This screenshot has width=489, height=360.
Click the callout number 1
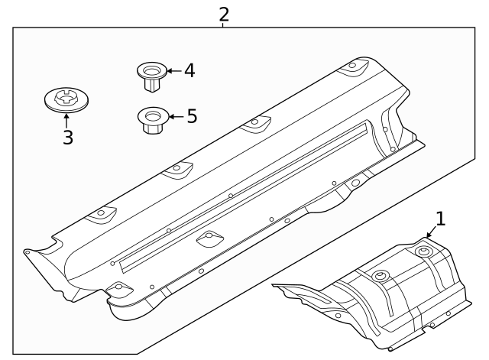439,219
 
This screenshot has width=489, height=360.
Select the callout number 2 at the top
223,13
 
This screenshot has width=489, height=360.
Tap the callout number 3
67,138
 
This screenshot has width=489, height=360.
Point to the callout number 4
189,71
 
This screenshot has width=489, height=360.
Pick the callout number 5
191,116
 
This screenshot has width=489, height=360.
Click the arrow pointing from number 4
172,71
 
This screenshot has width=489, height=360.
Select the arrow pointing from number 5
174,117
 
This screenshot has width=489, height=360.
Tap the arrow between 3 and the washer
67,121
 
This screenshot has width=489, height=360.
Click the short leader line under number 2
223,25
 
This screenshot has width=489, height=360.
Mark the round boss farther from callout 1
378,275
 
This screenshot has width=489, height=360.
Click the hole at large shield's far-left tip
28,250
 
